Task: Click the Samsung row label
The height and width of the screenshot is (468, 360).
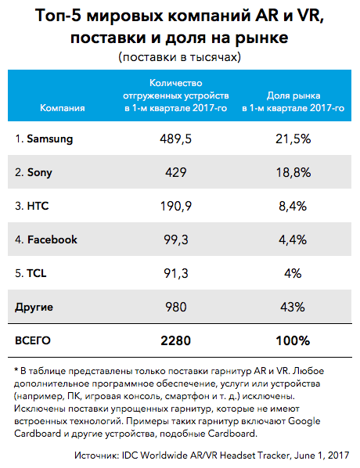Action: (44, 139)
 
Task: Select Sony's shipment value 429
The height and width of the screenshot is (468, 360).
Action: (176, 172)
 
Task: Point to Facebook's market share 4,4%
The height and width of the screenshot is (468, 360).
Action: (293, 239)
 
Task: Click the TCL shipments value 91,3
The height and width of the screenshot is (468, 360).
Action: (176, 273)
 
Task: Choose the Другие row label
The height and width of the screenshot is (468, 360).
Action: (34, 307)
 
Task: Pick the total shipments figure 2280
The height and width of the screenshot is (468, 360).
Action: (176, 340)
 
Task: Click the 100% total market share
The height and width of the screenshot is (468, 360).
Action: (293, 340)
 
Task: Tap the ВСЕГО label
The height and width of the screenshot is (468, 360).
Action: (33, 340)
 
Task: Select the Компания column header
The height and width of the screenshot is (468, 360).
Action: (63, 108)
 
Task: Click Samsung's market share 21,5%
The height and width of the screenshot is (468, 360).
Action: (293, 139)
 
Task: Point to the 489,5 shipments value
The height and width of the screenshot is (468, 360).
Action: (176, 139)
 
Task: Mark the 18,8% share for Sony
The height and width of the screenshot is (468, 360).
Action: (293, 172)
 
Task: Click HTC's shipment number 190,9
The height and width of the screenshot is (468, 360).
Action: (176, 207)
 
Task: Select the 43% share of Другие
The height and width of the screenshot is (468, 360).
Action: (293, 307)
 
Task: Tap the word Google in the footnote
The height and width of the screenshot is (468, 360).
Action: (304, 421)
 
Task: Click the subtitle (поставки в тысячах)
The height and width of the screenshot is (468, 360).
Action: (180, 56)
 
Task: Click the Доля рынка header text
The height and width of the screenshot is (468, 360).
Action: (293, 95)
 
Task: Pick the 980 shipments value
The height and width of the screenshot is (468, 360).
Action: (176, 307)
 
